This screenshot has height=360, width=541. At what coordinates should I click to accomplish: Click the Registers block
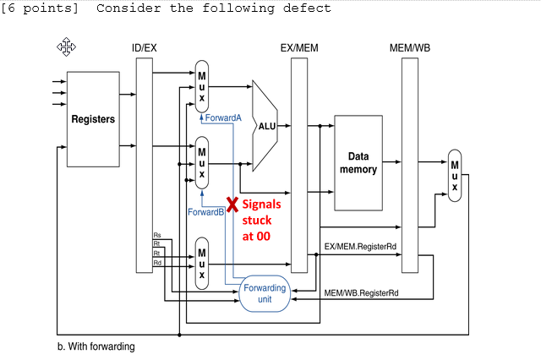[x=93, y=119]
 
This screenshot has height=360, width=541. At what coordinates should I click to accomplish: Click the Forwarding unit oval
[x=265, y=293]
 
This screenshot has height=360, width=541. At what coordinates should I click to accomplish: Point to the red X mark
[x=231, y=204]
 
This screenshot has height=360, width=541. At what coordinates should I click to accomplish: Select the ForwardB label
[x=205, y=211]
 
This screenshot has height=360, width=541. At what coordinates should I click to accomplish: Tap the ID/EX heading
[x=145, y=47]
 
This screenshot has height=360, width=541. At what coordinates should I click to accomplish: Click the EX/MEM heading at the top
[x=298, y=47]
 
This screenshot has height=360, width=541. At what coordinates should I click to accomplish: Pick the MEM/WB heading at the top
[x=410, y=47]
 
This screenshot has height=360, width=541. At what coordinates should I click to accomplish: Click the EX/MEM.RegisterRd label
[x=361, y=246]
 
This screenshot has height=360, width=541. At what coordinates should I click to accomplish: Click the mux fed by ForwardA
[x=202, y=86]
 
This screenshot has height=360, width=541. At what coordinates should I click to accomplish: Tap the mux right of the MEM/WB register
[x=455, y=176]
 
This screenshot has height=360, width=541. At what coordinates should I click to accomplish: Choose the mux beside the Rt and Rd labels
[x=202, y=263]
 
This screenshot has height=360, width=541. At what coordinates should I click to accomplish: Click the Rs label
[x=157, y=234]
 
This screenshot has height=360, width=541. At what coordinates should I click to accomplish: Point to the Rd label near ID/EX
[x=157, y=263]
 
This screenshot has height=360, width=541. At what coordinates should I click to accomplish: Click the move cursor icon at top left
[x=66, y=46]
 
